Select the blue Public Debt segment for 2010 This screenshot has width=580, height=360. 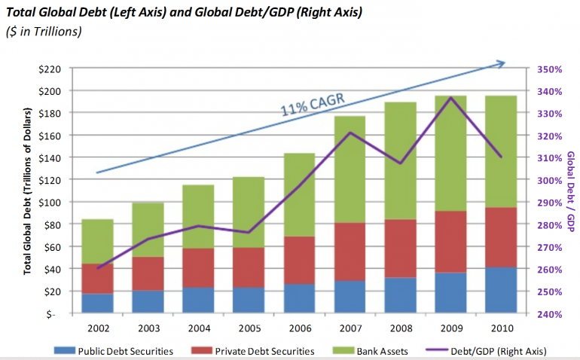[x=501, y=290]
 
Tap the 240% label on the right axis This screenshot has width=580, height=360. [x=550, y=314]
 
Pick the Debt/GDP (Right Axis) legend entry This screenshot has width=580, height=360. [x=490, y=351]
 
